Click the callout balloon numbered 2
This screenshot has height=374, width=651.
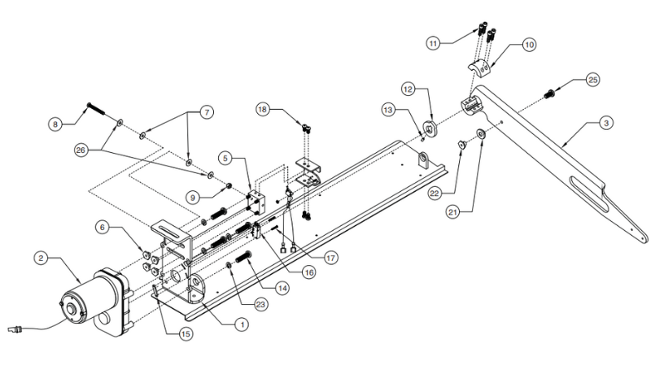pyautogui.click(x=41, y=259)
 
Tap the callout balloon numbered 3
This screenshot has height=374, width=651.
pyautogui.click(x=606, y=123)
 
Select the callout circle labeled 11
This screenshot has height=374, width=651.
pyautogui.click(x=434, y=43)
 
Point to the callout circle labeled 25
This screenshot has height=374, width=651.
pyautogui.click(x=593, y=80)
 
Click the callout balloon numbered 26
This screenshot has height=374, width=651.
pyautogui.click(x=81, y=150)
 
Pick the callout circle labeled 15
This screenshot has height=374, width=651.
pyautogui.click(x=186, y=334)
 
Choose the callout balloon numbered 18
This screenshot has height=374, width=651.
pyautogui.click(x=262, y=110)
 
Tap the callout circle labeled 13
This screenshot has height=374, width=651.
pyautogui.click(x=389, y=110)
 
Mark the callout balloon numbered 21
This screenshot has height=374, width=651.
pyautogui.click(x=453, y=212)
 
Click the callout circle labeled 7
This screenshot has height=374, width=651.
pyautogui.click(x=207, y=112)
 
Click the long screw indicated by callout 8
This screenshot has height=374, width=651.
pyautogui.click(x=95, y=109)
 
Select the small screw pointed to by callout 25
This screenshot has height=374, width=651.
pyautogui.click(x=550, y=94)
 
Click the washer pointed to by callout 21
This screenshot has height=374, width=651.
pyautogui.click(x=482, y=134)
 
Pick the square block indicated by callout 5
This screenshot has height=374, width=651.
pyautogui.click(x=255, y=202)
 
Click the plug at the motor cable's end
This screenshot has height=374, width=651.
pyautogui.click(x=14, y=329)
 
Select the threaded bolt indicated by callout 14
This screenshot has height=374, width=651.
pyautogui.click(x=243, y=257)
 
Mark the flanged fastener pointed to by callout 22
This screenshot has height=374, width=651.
pyautogui.click(x=461, y=144)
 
